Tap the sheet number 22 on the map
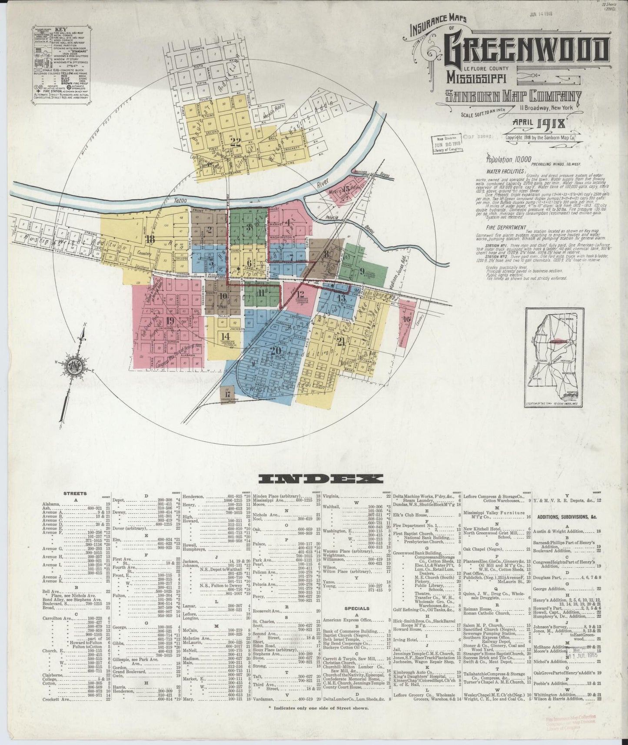[x=236, y=140]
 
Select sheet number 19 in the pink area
[x=170, y=321]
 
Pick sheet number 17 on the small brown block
[x=227, y=394]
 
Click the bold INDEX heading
[x=321, y=479]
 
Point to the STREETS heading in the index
[x=75, y=493]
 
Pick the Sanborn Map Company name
[x=513, y=96]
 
